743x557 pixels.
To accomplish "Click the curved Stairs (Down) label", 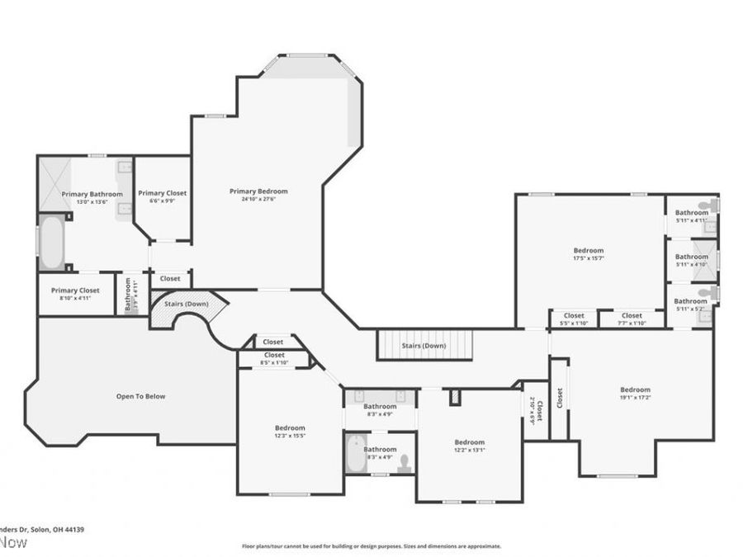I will pyautogui.click(x=185, y=304).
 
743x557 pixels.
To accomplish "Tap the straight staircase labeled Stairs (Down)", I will pyautogui.click(x=424, y=345).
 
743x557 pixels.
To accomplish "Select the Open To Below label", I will pyautogui.click(x=140, y=396).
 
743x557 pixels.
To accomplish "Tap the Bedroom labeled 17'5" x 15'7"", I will pyautogui.click(x=589, y=254).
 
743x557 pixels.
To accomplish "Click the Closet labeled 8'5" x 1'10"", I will pyautogui.click(x=274, y=359).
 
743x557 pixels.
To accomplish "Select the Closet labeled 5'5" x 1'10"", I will pyautogui.click(x=574, y=319).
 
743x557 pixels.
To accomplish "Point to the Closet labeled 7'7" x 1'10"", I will pyautogui.click(x=632, y=319).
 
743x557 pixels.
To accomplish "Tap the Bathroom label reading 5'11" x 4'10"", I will pyautogui.click(x=691, y=260).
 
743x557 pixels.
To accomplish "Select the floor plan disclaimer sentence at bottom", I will pyautogui.click(x=371, y=545).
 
